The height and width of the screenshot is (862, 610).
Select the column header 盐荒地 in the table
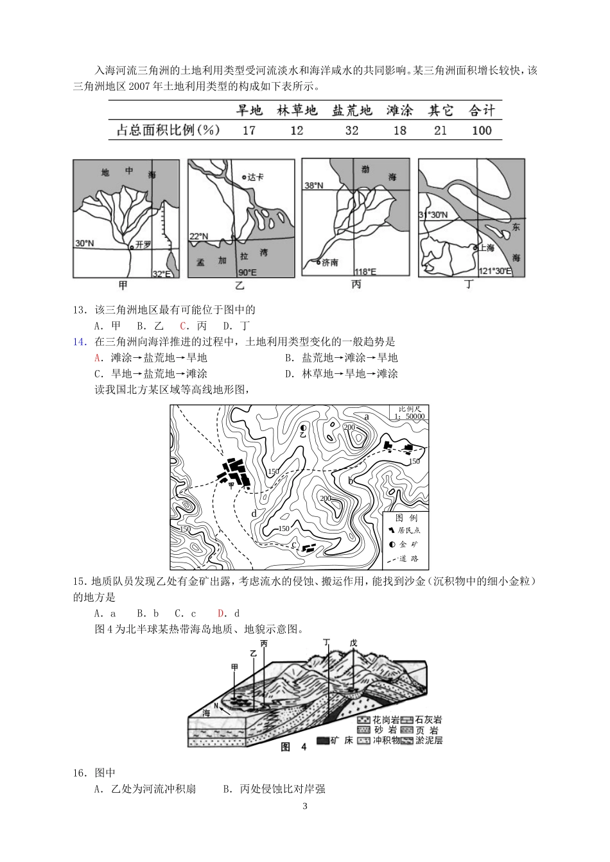click(x=351, y=111)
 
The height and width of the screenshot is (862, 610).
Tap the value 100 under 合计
click(x=481, y=130)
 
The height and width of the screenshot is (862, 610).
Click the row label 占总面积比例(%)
click(x=168, y=130)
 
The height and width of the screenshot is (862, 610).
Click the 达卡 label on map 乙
click(x=255, y=177)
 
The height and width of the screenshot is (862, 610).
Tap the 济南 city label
click(x=329, y=263)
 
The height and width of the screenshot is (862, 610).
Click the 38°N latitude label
click(x=313, y=185)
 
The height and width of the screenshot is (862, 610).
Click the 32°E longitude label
click(x=161, y=274)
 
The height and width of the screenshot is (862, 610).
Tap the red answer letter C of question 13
click(x=183, y=326)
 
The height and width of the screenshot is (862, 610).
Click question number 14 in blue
click(x=79, y=342)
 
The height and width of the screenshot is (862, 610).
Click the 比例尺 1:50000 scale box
click(x=409, y=412)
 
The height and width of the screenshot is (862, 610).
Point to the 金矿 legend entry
click(x=404, y=544)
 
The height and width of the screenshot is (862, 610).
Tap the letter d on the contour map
click(x=254, y=513)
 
